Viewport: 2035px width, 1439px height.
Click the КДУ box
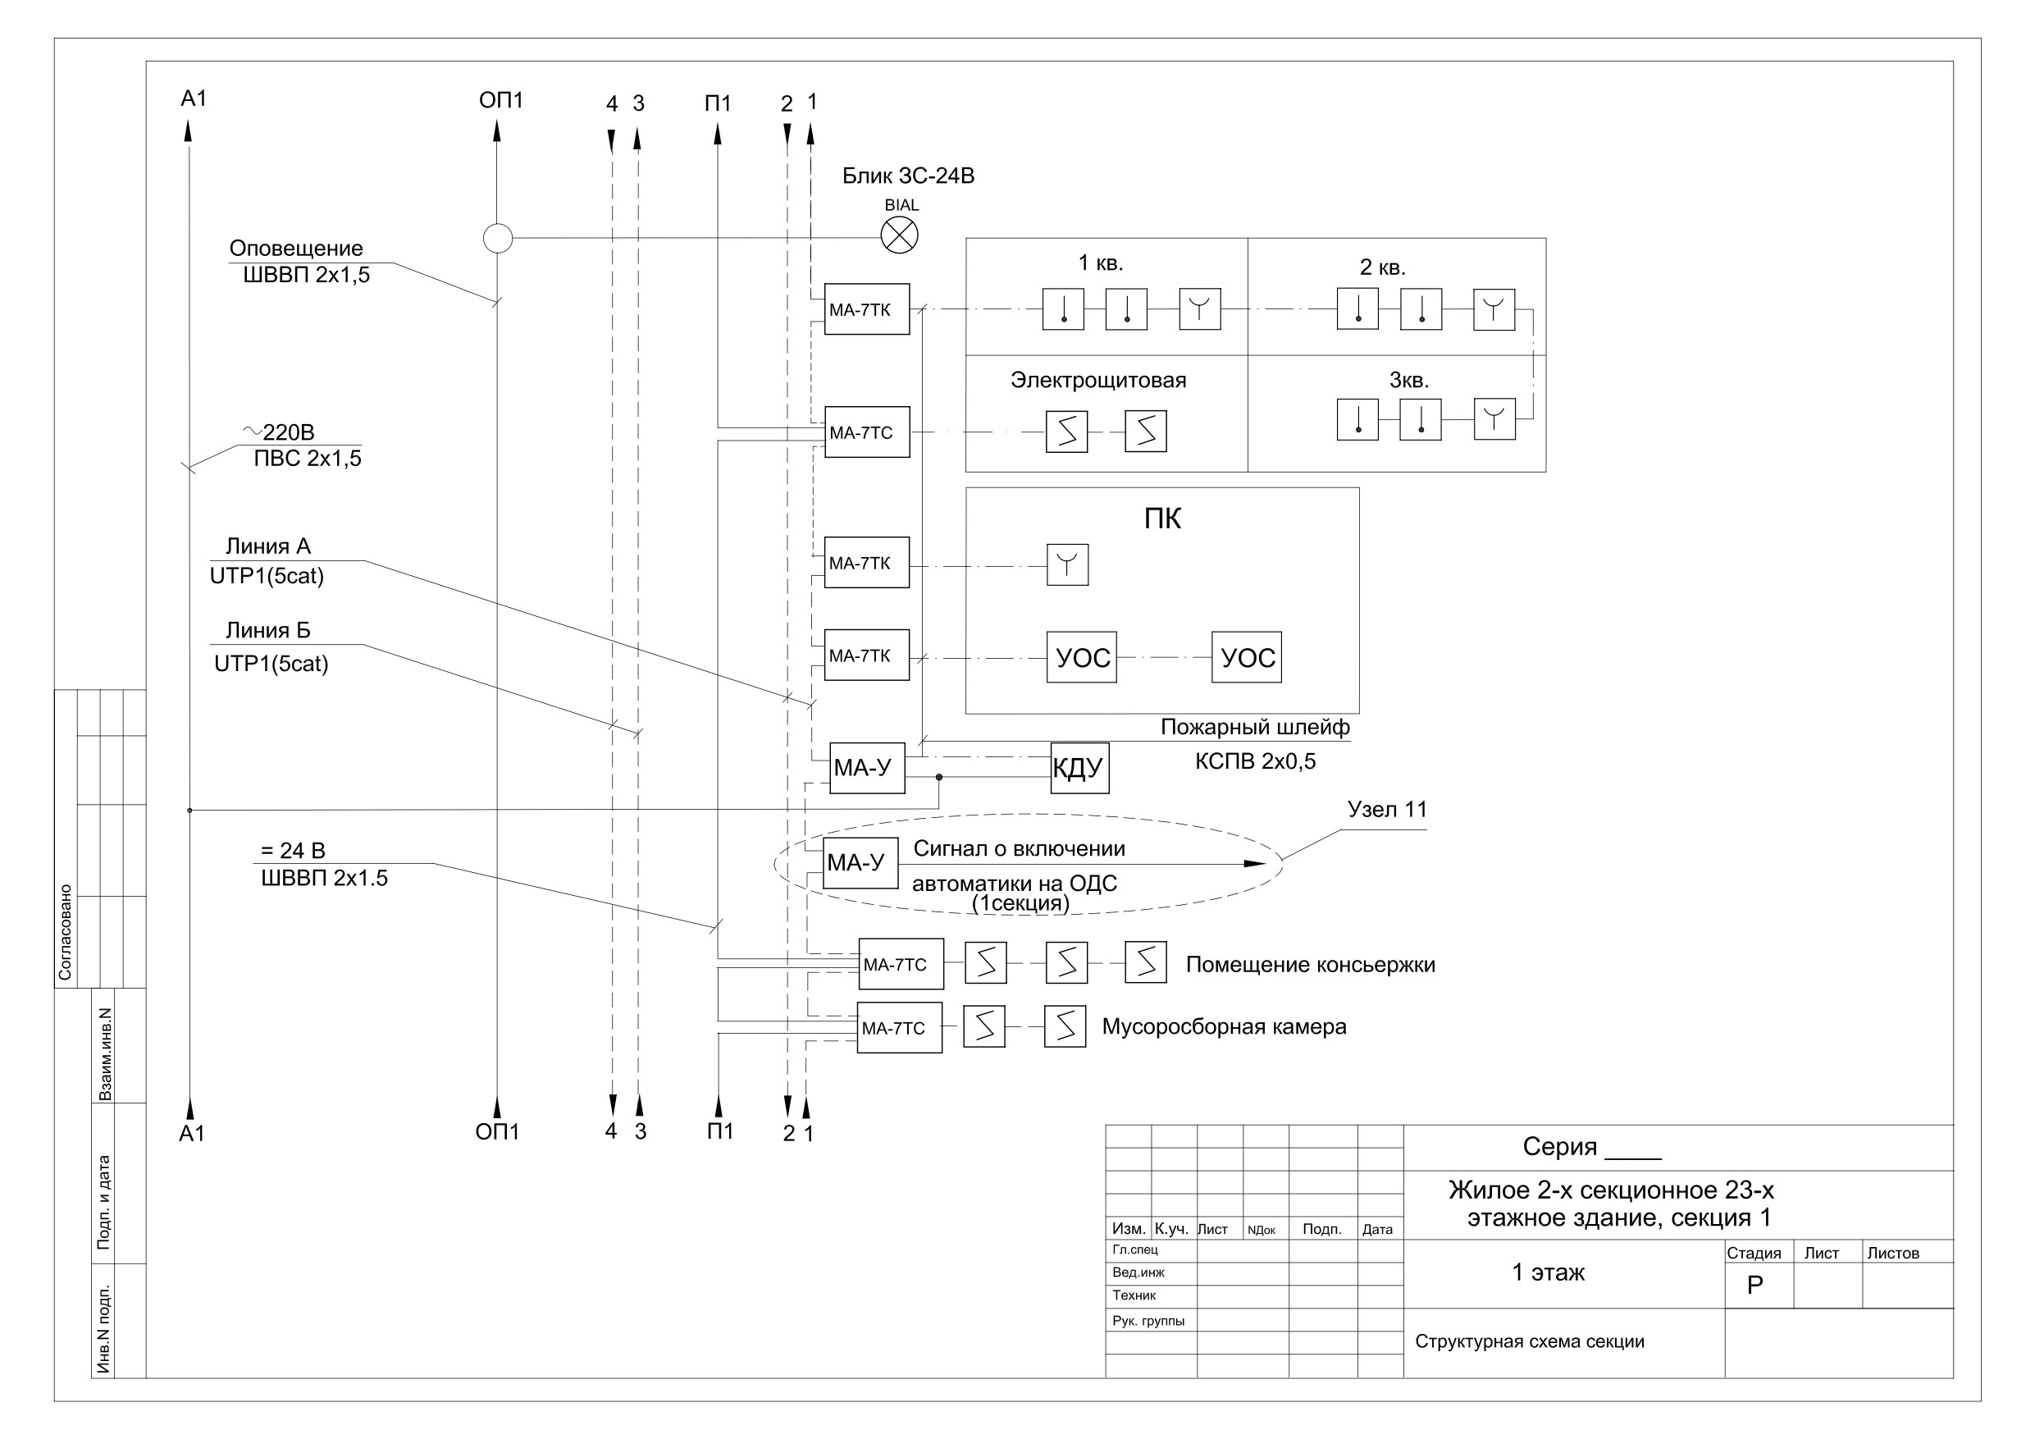[1079, 768]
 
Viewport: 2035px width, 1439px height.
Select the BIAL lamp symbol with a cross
[899, 235]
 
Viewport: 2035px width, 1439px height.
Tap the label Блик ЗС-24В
[908, 176]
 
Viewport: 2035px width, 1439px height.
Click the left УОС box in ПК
[1081, 657]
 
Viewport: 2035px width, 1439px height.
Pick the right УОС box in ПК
[1246, 657]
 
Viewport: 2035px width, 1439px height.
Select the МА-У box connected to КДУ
[867, 768]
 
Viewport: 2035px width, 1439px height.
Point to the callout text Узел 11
[1387, 810]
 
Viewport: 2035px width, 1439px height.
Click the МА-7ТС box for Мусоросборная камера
[899, 1028]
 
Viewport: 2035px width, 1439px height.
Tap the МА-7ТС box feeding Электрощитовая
[867, 432]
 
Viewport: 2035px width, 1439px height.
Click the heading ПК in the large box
[1162, 518]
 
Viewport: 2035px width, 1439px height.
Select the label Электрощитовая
[1098, 381]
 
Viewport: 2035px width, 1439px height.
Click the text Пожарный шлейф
[1255, 727]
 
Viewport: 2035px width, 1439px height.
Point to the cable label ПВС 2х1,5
[308, 459]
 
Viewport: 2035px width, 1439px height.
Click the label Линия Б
[267, 630]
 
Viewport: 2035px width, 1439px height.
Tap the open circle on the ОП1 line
[497, 238]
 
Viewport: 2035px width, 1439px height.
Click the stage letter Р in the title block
[1754, 1285]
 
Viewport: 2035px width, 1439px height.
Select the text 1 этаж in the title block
[1548, 1272]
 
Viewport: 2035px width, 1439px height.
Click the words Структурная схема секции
[1529, 1341]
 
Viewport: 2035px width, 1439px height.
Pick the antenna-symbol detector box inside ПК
[1067, 564]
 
